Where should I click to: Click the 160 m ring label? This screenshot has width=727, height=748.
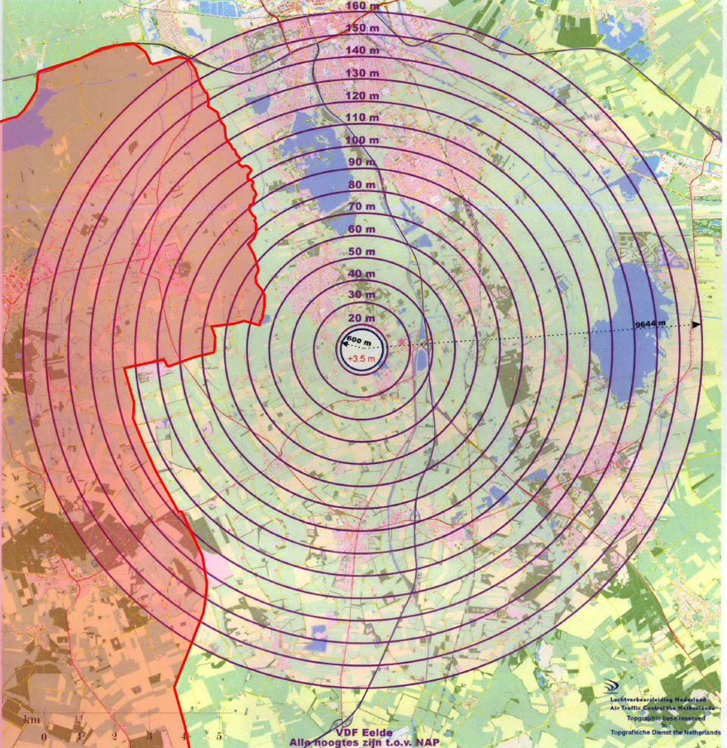point(362,6)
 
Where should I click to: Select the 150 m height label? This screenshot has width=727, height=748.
point(362,28)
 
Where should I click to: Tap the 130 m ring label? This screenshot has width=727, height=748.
point(362,74)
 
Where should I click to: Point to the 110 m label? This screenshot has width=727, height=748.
point(362,118)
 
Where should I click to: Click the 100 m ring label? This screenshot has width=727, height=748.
point(362,141)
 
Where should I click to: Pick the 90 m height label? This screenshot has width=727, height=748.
point(362,162)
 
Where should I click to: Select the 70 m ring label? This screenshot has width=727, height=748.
point(362,206)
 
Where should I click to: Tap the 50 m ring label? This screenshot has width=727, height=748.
point(362,252)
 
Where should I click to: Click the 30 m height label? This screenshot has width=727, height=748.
point(362,295)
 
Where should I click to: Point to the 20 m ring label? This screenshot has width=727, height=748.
point(362,319)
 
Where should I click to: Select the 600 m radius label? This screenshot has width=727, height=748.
point(358,341)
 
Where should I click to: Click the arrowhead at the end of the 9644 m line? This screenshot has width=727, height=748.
point(696,324)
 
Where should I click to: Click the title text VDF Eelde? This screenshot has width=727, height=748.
point(363,733)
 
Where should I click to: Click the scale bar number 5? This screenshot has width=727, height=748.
point(219,736)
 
